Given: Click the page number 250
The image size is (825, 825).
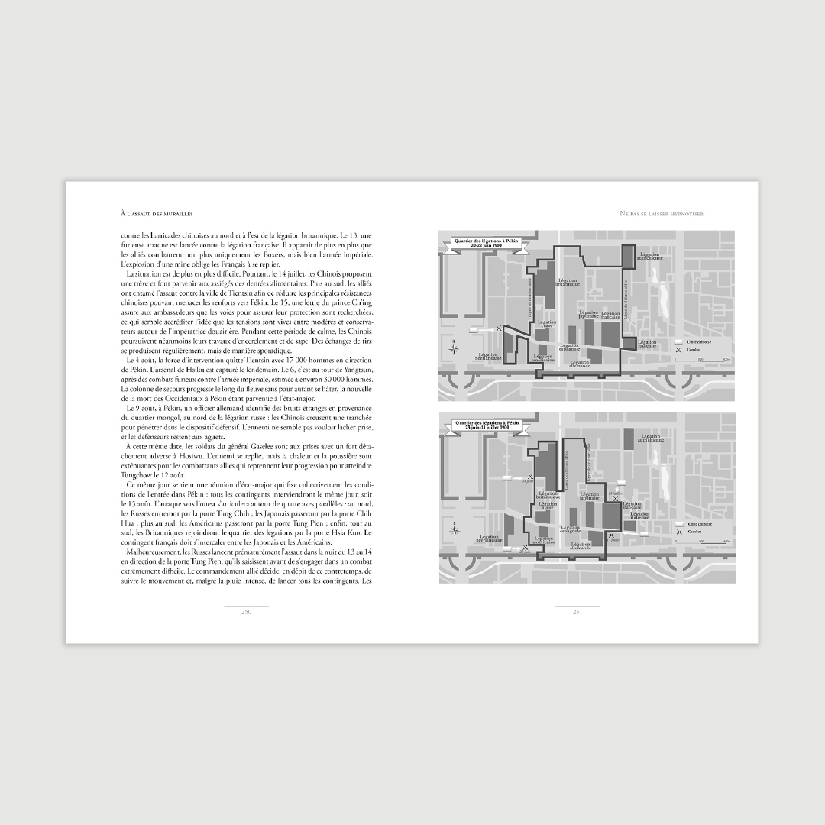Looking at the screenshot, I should (x=247, y=611).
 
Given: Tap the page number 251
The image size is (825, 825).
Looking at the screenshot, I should (x=578, y=611).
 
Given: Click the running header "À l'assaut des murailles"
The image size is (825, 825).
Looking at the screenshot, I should (x=156, y=213).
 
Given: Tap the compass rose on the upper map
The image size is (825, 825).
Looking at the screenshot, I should (x=455, y=348).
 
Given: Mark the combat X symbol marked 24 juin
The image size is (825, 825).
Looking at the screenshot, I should (x=525, y=547).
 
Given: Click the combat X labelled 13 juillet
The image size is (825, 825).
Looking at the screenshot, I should (x=616, y=498).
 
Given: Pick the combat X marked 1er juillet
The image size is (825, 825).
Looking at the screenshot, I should (x=610, y=535).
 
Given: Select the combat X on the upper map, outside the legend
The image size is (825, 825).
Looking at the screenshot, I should (x=499, y=328).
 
